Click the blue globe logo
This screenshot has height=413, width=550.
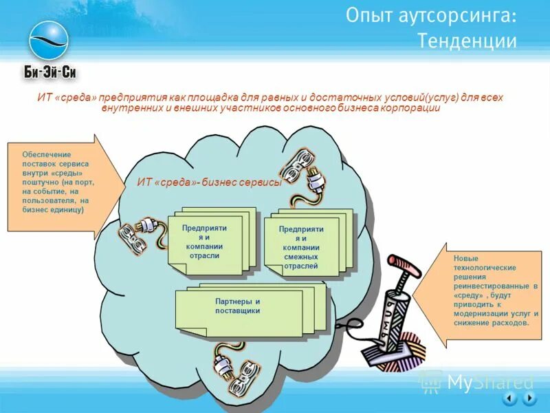point(49,39)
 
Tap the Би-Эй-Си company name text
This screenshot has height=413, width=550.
point(49,72)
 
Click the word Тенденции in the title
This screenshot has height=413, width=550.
point(467,41)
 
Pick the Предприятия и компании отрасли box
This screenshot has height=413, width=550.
point(204,241)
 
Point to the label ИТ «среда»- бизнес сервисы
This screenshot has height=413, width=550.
point(209,182)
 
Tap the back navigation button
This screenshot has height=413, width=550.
point(509,399)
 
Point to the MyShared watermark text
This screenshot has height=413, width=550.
point(489,381)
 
